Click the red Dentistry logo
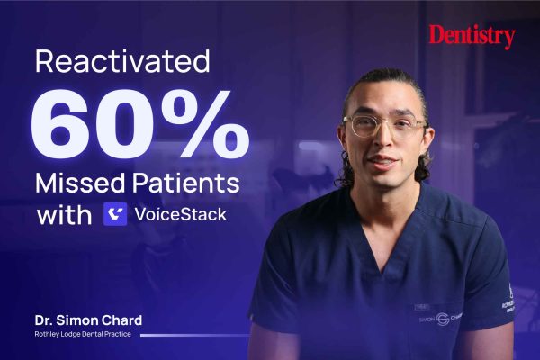pos(472,37)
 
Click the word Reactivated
pos(122,61)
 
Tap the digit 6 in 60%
pos(58,124)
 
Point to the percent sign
pos(205,124)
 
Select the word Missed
pos(80,183)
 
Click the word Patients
pos(186,183)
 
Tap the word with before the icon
pos(64,215)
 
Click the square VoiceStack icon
pos(115,214)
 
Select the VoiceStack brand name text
pos(181,214)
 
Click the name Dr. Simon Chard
pos(88,320)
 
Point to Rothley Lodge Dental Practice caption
pos(83,334)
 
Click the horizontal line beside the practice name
pos(195,335)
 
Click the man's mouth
pos(383,162)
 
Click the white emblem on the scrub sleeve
pos(508,300)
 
